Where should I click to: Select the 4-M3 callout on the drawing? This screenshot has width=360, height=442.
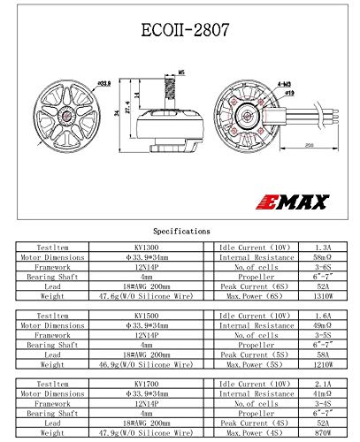[x=258, y=81]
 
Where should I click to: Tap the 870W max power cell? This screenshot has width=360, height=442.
[x=325, y=435]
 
